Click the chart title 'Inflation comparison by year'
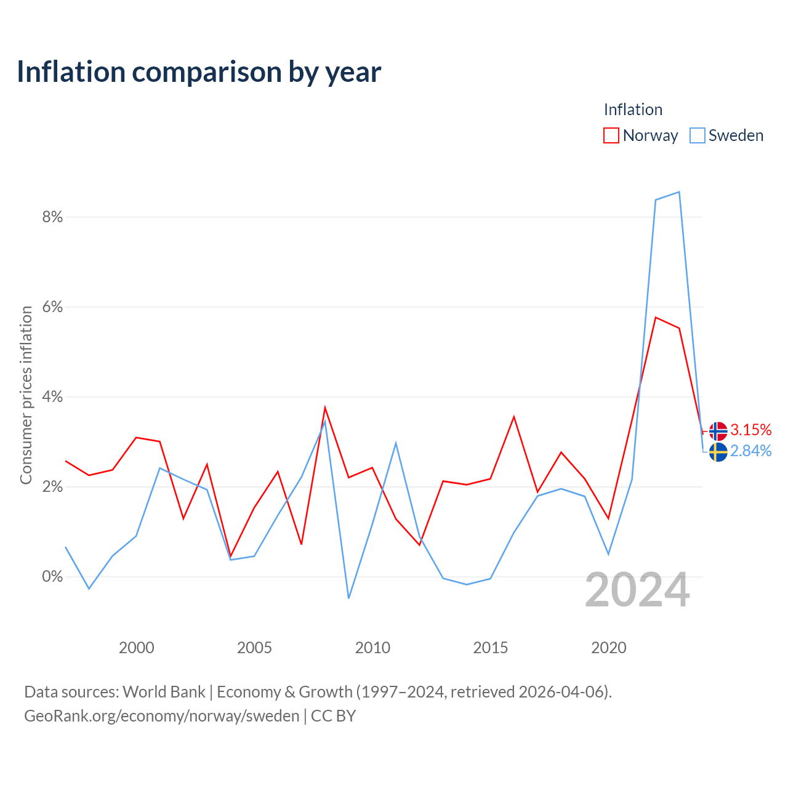[x=199, y=73]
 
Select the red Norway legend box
[x=611, y=135]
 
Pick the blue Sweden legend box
[x=697, y=135]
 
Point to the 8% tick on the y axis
[x=52, y=217]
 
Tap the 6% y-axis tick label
[x=52, y=307]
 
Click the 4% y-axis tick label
[x=52, y=396]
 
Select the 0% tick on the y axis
[x=52, y=577]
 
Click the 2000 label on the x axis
[x=136, y=648]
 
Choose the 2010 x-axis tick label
[x=372, y=648]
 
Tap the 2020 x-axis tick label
[x=608, y=648]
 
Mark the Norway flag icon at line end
[x=718, y=432]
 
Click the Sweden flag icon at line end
[x=718, y=452]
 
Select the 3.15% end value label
[x=750, y=430]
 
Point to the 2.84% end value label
[x=750, y=451]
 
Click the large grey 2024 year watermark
[x=637, y=590]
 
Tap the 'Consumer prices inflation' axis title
[x=26, y=395]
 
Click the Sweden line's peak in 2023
[x=679, y=192]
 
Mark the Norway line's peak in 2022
[x=656, y=317]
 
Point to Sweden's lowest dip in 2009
[x=349, y=598]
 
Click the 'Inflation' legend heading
[x=633, y=110]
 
